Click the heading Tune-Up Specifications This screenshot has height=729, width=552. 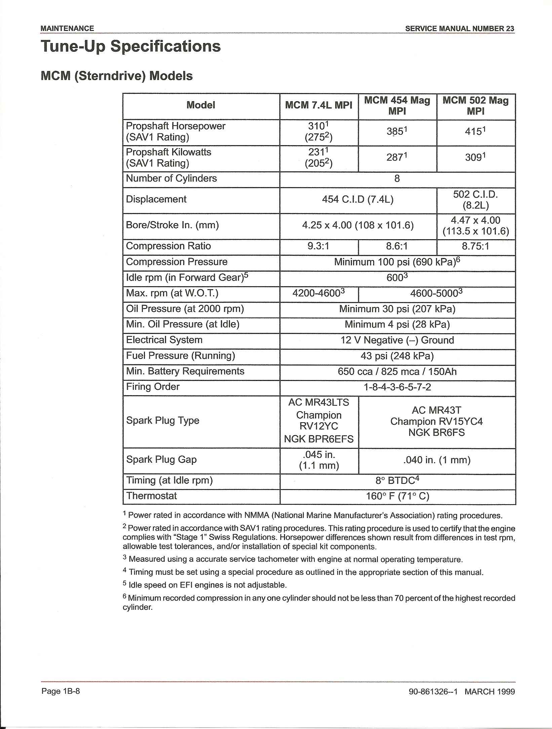(130, 46)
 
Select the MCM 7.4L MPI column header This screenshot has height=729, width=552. (319, 105)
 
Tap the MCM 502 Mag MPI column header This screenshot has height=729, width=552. (475, 105)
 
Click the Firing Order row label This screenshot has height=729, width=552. (153, 387)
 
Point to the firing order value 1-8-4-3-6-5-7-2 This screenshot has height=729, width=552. (397, 387)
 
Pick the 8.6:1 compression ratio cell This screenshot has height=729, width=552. (397, 246)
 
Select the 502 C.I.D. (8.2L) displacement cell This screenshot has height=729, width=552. (475, 200)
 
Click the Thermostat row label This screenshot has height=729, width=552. (151, 496)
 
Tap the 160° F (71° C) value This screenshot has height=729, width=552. (397, 496)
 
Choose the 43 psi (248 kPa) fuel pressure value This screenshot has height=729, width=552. (397, 356)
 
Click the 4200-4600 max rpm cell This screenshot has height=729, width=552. (319, 293)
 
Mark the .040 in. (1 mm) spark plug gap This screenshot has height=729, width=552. (436, 460)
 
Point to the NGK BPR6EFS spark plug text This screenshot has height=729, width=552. (319, 439)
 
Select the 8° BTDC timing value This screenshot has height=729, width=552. (397, 480)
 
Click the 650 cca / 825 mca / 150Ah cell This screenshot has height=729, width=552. (397, 372)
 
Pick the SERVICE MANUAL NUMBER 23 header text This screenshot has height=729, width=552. (460, 29)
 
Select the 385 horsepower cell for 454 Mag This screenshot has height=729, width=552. (397, 131)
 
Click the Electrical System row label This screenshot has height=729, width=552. (164, 340)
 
